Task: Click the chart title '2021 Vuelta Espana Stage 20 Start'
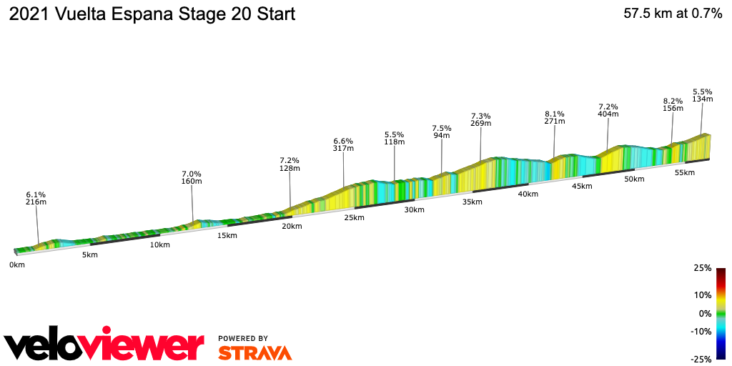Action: coord(151,14)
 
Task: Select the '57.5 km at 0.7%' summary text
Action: coord(672,14)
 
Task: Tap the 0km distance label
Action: coord(17,265)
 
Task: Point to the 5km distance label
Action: coord(89,255)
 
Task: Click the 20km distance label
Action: coord(292,227)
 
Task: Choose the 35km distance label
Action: coord(472,202)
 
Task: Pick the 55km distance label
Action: coord(684,173)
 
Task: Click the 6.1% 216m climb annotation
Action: coord(36,198)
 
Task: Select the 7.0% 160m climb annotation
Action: coord(192,177)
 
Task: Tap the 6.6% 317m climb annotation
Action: coord(343,144)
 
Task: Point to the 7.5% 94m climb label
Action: coord(441,132)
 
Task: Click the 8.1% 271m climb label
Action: coord(555,118)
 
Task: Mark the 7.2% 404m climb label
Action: coord(608,110)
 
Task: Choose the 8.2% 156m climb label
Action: coord(673,104)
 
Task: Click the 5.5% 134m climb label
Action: coord(703,95)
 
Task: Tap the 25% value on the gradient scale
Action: coord(703,268)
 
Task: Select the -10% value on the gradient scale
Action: coord(701,331)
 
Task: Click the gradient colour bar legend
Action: coord(721,313)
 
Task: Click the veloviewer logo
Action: coord(104,345)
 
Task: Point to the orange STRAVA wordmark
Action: coord(254,352)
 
